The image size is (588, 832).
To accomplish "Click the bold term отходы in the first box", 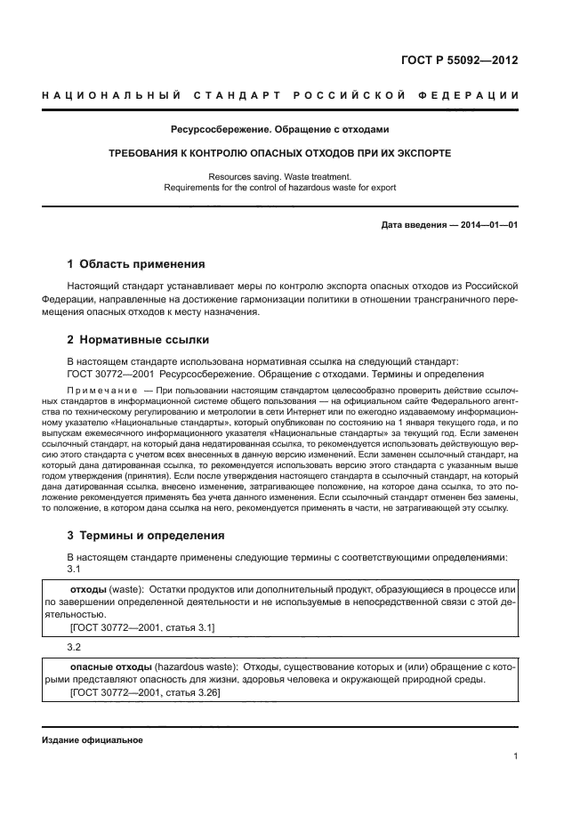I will pyautogui.click(x=88, y=590).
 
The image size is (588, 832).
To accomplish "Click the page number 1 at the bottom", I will pyautogui.click(x=515, y=756).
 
